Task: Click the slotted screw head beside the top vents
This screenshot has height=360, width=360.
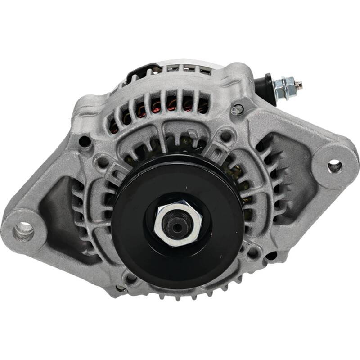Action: click(237, 109)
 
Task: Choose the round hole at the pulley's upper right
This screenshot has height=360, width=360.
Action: click(226, 135)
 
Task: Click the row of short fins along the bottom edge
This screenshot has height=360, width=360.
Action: click(189, 295)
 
